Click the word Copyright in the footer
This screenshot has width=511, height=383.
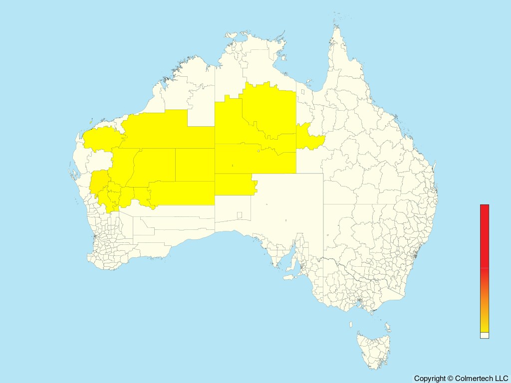(430, 379)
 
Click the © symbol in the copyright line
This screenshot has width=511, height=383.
(450, 379)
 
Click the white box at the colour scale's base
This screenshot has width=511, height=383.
(485, 335)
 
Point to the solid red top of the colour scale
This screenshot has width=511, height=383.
(485, 234)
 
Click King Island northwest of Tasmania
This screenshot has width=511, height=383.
(351, 325)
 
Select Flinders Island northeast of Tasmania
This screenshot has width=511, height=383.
(388, 327)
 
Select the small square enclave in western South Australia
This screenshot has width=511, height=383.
(240, 215)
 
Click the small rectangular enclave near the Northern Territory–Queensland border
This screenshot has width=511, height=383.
(302, 92)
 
